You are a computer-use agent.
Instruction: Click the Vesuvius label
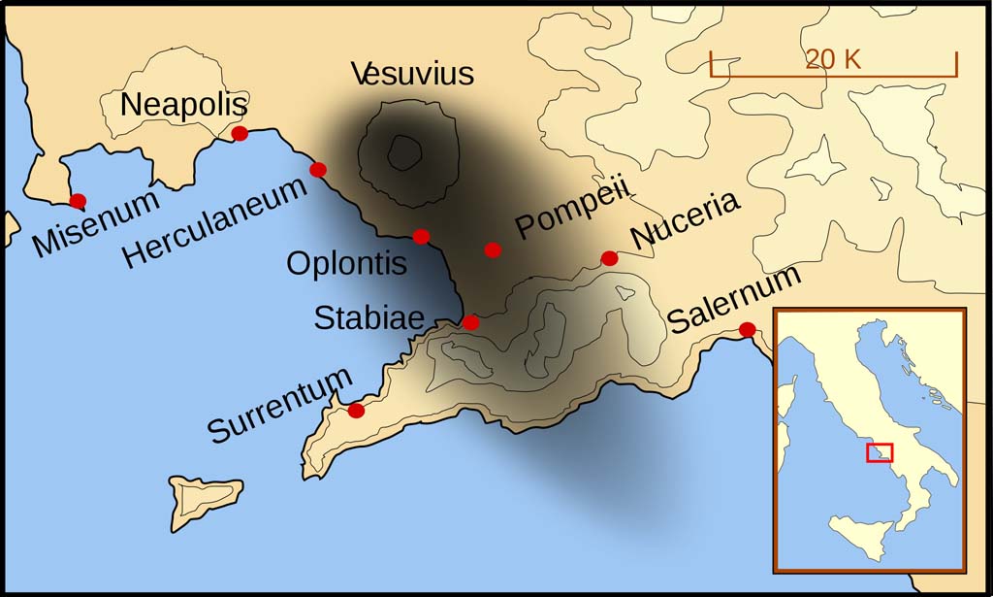(413, 74)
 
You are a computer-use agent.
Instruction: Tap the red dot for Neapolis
(240, 134)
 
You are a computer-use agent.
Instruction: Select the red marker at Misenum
(78, 201)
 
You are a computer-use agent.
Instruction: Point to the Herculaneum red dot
(317, 170)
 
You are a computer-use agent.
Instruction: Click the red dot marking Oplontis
(421, 236)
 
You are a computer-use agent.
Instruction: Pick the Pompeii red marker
(493, 249)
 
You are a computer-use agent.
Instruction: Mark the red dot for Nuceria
(609, 258)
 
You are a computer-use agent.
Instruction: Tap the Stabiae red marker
(470, 322)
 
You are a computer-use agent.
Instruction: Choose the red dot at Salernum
(747, 330)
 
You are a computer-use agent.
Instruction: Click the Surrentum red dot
(356, 411)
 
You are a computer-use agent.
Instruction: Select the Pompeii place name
(572, 208)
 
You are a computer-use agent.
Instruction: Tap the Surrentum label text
(279, 406)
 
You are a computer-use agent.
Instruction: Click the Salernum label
(734, 298)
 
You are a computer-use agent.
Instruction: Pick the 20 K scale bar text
(833, 59)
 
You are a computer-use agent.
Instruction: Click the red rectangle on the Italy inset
(880, 452)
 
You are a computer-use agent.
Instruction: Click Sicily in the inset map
(860, 534)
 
